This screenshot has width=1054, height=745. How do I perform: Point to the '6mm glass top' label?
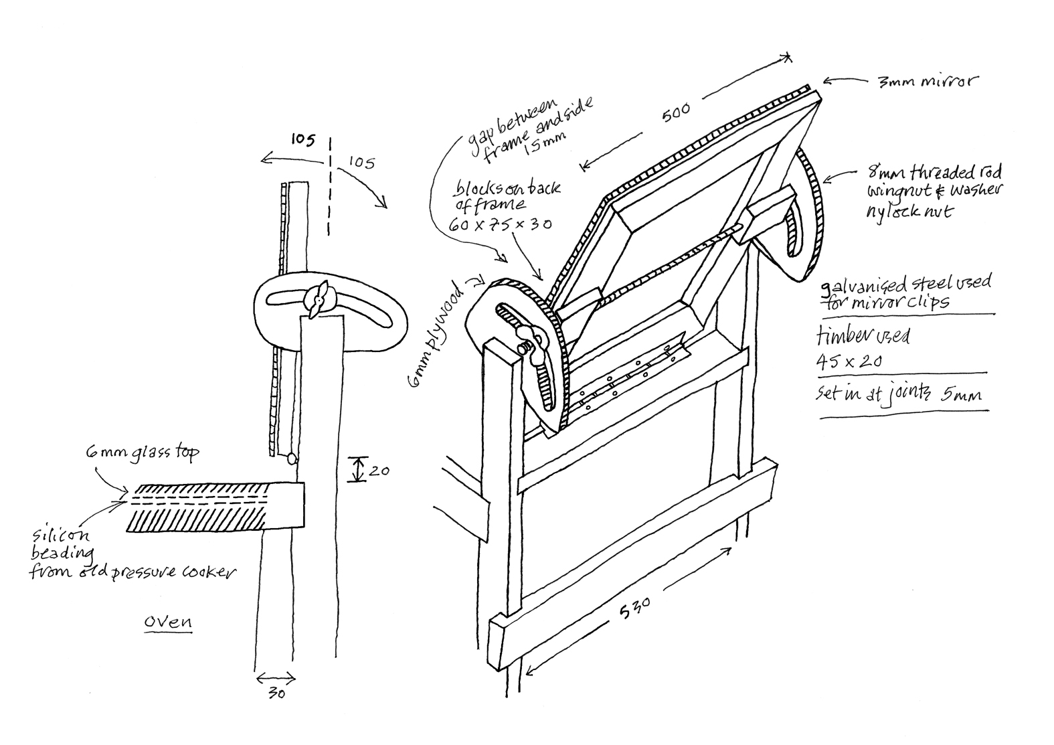(x=142, y=453)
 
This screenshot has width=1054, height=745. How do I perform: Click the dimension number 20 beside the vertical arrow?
(x=379, y=471)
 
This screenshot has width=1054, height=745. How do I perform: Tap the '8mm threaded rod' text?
(x=932, y=174)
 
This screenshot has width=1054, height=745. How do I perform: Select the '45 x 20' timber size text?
(x=849, y=361)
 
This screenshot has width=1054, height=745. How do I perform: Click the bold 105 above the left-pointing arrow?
(x=302, y=139)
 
